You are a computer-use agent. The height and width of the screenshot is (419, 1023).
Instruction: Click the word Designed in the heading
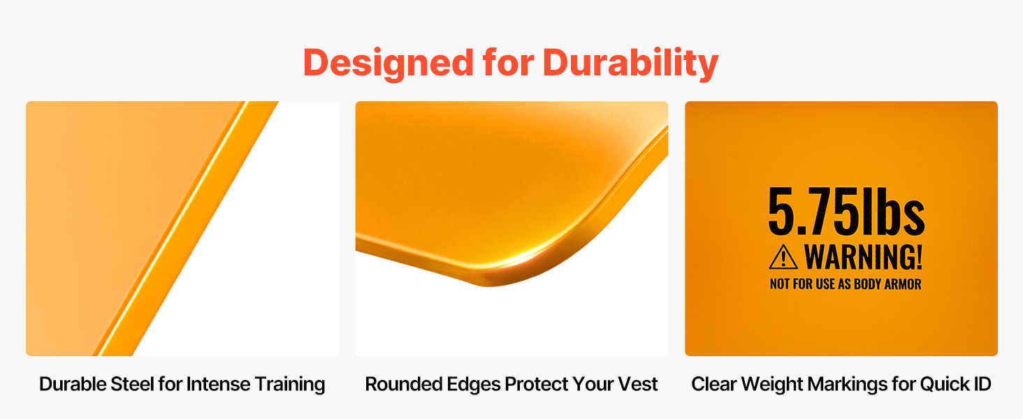tap(389, 64)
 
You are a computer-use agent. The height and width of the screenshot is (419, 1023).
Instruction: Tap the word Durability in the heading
tap(631, 64)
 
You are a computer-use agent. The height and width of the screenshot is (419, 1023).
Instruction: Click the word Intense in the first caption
tap(218, 384)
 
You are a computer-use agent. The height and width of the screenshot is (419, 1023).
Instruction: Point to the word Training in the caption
tap(289, 385)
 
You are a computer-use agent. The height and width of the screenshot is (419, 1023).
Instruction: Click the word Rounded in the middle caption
tap(403, 384)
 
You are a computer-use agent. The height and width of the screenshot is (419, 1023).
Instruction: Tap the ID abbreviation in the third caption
tap(981, 384)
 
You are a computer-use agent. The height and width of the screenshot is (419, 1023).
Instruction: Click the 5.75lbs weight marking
tap(846, 212)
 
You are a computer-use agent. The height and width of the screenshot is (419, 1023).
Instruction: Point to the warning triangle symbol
tap(783, 257)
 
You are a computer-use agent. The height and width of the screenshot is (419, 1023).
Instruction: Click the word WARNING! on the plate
tap(863, 257)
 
